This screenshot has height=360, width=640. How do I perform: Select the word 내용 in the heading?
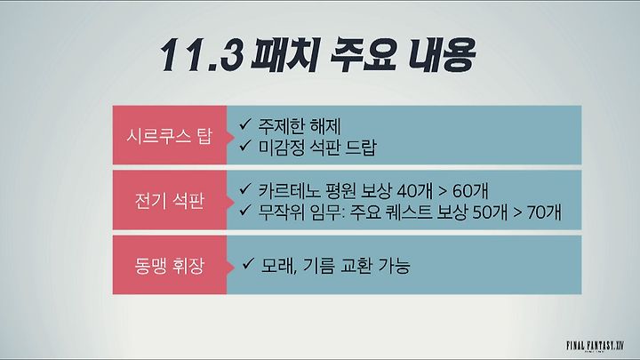442,55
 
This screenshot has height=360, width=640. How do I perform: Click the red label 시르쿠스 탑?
170,135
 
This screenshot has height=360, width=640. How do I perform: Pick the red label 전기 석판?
170,200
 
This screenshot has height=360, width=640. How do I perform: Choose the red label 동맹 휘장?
170,265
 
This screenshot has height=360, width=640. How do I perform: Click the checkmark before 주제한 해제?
245,124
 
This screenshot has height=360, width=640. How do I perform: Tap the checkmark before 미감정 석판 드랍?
245,145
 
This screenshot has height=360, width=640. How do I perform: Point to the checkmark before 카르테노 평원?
245,188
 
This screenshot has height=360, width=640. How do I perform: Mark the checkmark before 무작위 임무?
245,210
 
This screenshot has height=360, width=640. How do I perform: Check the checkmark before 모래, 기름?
248,264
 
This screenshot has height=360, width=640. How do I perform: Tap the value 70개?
544,212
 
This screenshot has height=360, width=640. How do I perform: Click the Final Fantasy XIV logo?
596,346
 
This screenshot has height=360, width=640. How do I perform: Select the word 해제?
325,126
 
